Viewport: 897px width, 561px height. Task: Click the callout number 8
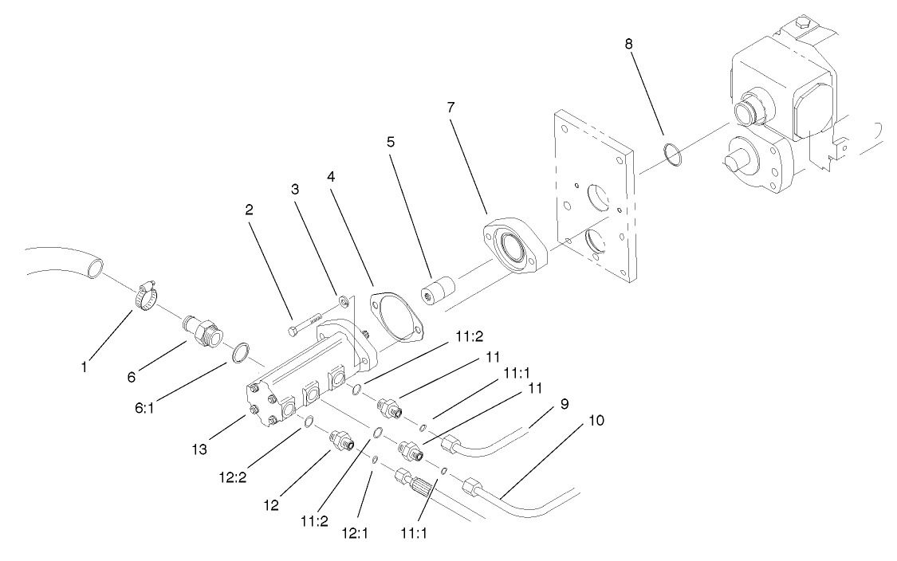point(628,45)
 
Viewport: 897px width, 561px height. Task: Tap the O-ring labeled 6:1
point(241,351)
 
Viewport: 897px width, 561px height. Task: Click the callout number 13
point(199,449)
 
